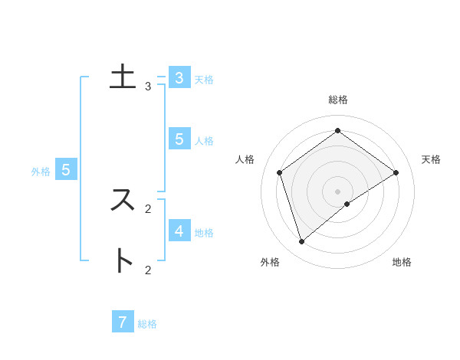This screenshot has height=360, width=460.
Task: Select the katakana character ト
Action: [x=123, y=260]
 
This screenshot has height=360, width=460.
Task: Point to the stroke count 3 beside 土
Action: [x=148, y=87]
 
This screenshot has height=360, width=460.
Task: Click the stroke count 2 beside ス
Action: [x=148, y=208]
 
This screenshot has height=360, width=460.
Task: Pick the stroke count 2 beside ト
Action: [x=148, y=270]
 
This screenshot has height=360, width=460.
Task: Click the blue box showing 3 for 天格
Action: [x=179, y=77]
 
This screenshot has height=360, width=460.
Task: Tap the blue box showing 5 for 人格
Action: [x=179, y=139]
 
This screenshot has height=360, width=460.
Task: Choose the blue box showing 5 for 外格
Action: [x=66, y=169]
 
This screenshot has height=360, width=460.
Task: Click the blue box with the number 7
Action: [x=123, y=322]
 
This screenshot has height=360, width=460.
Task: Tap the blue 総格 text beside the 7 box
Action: [x=147, y=324]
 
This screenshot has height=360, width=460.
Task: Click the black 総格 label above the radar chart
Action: [x=338, y=100]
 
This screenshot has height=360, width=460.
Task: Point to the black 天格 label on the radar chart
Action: [x=431, y=159]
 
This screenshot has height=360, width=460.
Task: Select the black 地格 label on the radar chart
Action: [x=402, y=262]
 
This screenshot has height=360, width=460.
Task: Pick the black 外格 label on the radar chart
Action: [x=270, y=262]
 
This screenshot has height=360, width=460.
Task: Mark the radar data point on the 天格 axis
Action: [x=396, y=172]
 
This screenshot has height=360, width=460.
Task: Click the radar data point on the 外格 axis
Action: [x=302, y=242]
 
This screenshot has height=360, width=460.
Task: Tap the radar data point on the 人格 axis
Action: [x=280, y=172]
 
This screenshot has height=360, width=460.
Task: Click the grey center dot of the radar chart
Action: [x=338, y=191]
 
